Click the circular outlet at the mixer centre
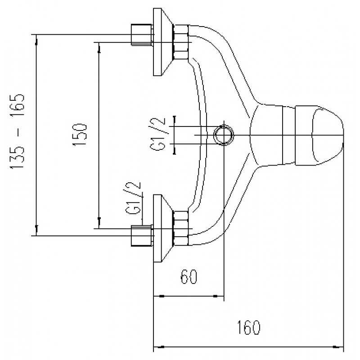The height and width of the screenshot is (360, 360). pyautogui.click(x=223, y=135)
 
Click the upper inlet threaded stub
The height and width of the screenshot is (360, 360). pyautogui.click(x=141, y=35)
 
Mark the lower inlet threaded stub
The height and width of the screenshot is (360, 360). pyautogui.click(x=141, y=235)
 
